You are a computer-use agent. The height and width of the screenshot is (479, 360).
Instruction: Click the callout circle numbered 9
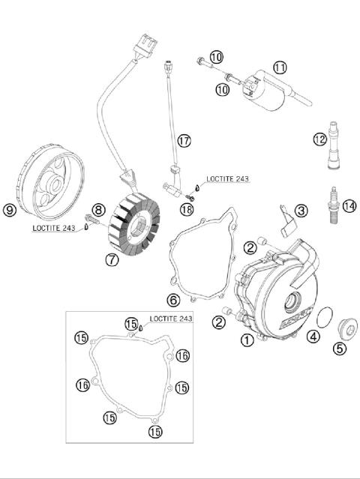(x=10, y=210)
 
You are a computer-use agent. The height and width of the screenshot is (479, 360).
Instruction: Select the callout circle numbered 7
(x=112, y=261)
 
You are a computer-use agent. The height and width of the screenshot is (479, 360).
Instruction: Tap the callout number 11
(x=280, y=67)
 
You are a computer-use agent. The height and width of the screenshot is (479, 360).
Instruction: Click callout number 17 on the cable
(x=183, y=139)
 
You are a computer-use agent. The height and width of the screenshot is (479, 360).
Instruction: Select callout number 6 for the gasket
(x=172, y=300)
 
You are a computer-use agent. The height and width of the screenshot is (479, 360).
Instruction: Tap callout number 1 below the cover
(x=247, y=340)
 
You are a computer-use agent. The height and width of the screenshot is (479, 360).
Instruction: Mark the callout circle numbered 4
(x=313, y=337)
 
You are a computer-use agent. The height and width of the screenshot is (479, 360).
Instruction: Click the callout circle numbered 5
(x=340, y=348)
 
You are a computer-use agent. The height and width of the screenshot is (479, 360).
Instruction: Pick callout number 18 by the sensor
(x=187, y=209)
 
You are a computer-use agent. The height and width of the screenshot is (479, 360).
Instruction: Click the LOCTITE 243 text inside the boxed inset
(x=170, y=319)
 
